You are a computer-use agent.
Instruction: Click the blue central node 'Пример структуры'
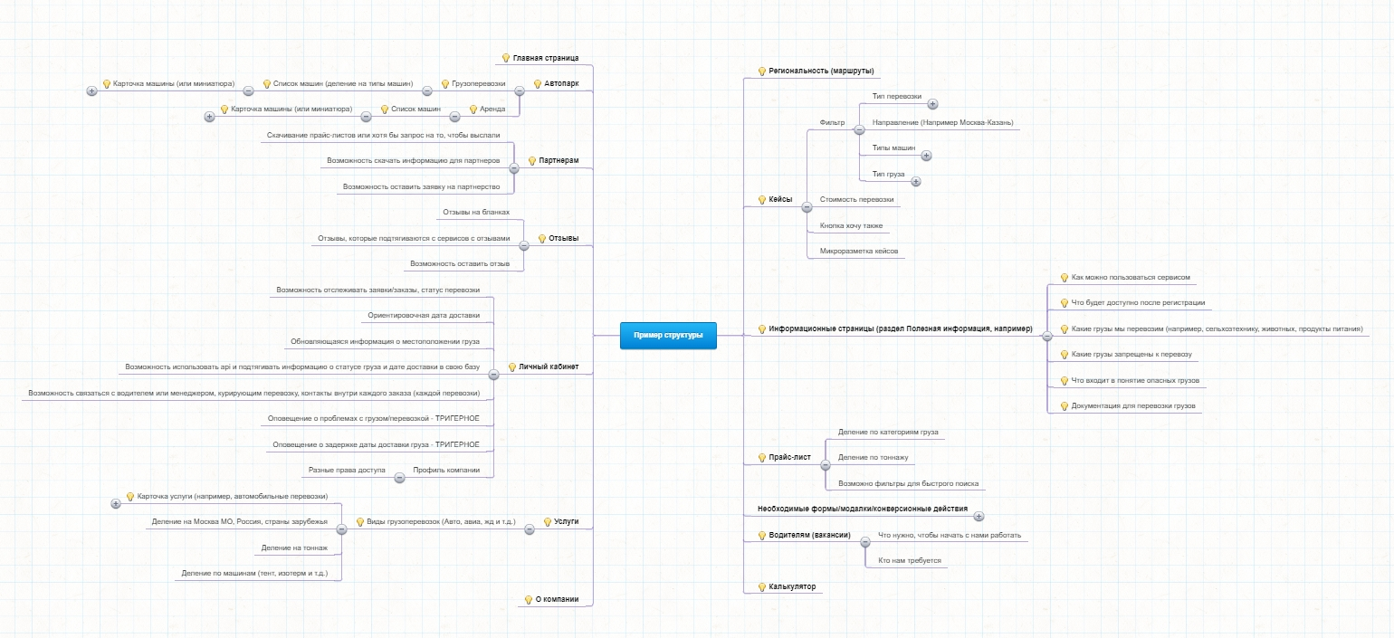668,336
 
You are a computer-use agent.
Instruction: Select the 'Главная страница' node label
545,58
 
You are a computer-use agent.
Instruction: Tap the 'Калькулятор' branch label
791,586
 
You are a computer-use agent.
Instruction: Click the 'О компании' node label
557,599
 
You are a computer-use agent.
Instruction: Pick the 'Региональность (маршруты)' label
821,71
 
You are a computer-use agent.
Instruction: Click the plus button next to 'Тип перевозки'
932,104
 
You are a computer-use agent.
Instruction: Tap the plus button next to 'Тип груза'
915,182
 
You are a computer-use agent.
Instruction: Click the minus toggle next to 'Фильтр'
859,130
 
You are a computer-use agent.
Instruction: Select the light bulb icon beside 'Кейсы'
762,200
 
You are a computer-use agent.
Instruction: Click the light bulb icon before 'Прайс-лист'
762,458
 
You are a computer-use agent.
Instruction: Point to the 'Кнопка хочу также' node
851,226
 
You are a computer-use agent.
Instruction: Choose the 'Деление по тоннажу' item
873,458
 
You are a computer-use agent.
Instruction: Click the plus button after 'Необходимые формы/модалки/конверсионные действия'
979,516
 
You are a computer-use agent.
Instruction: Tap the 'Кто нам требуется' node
909,560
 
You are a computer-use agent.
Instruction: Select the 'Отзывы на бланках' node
476,213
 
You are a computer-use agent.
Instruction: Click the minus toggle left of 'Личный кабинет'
493,375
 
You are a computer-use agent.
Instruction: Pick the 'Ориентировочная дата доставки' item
424,316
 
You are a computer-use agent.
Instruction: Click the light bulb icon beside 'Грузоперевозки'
445,84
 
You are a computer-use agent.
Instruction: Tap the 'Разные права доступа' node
347,471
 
